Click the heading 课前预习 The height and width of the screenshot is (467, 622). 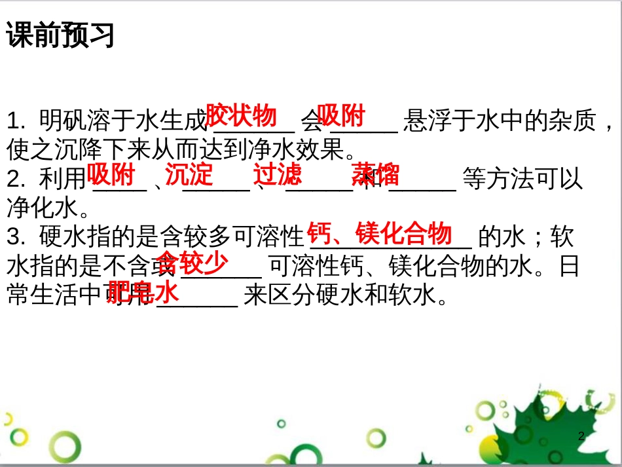point(60,35)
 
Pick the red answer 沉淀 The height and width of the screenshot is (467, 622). point(189,175)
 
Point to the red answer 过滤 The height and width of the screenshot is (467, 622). point(278,175)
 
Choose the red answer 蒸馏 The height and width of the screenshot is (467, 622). point(375,175)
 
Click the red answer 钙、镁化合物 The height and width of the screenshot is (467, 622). point(380,233)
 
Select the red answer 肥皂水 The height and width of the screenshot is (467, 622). point(143,293)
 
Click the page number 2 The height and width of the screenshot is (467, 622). point(581,437)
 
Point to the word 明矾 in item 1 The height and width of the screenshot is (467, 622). point(55,121)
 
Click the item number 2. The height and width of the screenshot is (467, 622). point(14,179)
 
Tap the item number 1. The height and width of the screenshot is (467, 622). point(14,121)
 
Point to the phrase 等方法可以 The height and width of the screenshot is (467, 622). point(522,179)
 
